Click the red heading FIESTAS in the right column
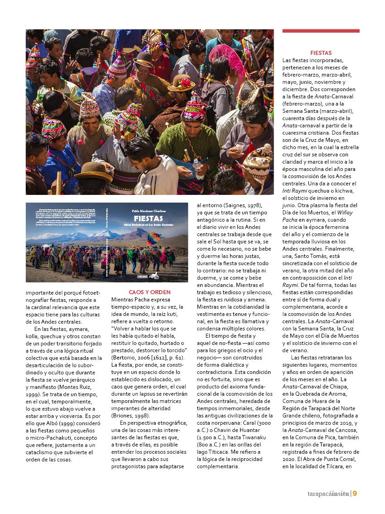coord(321,53)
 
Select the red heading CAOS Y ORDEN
coord(149,292)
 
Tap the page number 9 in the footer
coord(355,494)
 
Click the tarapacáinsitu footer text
coord(325,494)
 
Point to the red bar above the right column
coord(321,31)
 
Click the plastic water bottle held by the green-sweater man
coord(198,169)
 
